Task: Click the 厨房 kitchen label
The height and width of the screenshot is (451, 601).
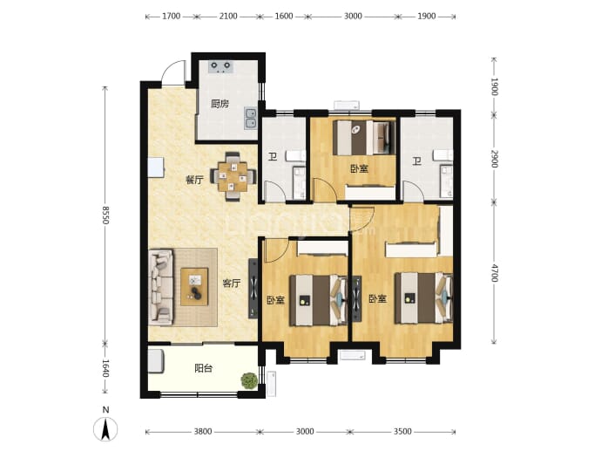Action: point(220,104)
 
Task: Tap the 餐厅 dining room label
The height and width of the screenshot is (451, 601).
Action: point(194,180)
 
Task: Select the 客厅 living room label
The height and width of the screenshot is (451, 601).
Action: point(232,284)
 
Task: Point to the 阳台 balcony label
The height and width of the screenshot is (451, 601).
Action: point(203,368)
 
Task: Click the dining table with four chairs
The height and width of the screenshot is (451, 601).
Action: point(233,176)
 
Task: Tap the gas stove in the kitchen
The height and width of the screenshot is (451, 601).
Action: point(220,66)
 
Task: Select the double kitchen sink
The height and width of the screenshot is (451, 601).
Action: point(251,119)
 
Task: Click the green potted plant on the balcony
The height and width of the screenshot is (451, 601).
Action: point(249,380)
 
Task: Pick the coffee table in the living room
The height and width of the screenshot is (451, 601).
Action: point(194,287)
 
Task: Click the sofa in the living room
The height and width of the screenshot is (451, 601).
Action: point(160,287)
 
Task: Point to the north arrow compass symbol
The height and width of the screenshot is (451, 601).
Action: point(105,428)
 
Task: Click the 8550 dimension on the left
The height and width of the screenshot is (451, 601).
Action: point(105,215)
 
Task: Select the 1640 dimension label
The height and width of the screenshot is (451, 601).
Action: point(105,368)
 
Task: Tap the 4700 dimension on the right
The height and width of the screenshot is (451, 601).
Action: point(494,273)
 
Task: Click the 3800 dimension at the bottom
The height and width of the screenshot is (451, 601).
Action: point(202,432)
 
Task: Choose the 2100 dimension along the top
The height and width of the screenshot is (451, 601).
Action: point(228,16)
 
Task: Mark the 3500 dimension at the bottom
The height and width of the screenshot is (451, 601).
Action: point(402,432)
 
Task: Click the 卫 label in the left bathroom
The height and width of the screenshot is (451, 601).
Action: point(273,157)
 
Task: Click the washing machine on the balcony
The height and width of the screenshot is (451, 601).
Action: point(156,361)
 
